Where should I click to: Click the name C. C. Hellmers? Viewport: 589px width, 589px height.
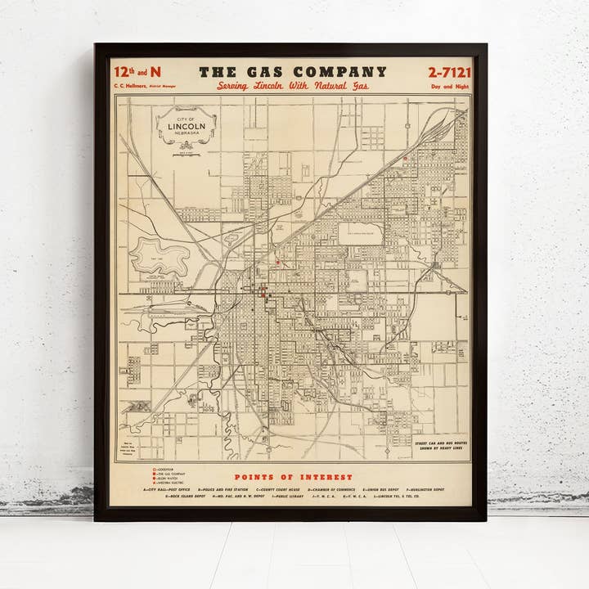pyautogui.click(x=130, y=85)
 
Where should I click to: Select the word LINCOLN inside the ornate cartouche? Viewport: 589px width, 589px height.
pyautogui.click(x=187, y=126)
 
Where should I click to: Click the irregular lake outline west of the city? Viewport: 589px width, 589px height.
pyautogui.click(x=160, y=255)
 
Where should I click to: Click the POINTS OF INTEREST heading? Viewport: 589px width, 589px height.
pyautogui.click(x=294, y=477)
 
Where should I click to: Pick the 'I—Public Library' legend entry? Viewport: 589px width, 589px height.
pyautogui.click(x=284, y=497)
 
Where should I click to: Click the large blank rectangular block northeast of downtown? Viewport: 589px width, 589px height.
pyautogui.click(x=361, y=232)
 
